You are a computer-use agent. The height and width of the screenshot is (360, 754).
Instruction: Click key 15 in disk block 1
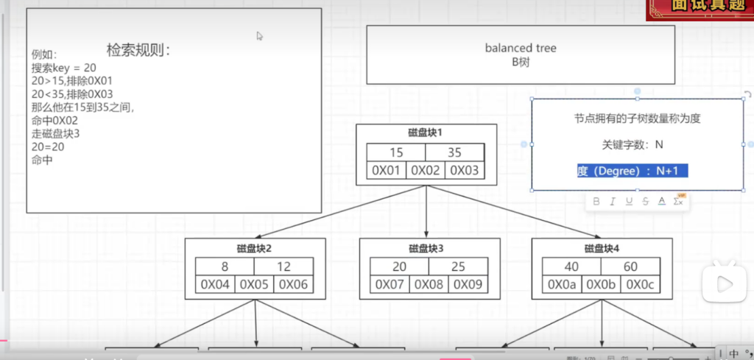point(396,153)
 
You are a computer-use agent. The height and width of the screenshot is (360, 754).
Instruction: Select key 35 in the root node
point(454,153)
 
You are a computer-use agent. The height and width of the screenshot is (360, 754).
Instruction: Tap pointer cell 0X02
point(426,171)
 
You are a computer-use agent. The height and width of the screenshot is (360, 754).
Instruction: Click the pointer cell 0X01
point(387,171)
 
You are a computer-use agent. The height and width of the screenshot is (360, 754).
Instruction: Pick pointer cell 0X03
point(465,171)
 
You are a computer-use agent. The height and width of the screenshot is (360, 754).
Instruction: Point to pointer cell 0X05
point(255,285)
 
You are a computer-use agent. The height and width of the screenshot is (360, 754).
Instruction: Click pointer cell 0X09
point(468,285)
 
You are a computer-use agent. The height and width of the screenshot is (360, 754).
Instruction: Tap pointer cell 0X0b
point(602,285)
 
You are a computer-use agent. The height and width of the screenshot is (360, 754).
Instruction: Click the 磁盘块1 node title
point(426,133)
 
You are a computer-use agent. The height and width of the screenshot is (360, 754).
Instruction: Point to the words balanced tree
point(521,48)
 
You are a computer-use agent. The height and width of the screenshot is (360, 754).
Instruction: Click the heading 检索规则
point(138,50)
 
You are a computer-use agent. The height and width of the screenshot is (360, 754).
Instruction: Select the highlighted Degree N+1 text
point(633,171)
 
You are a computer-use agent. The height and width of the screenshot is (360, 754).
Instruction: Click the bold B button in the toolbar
point(596,201)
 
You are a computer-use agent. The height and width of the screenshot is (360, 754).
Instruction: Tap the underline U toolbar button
point(629,201)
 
